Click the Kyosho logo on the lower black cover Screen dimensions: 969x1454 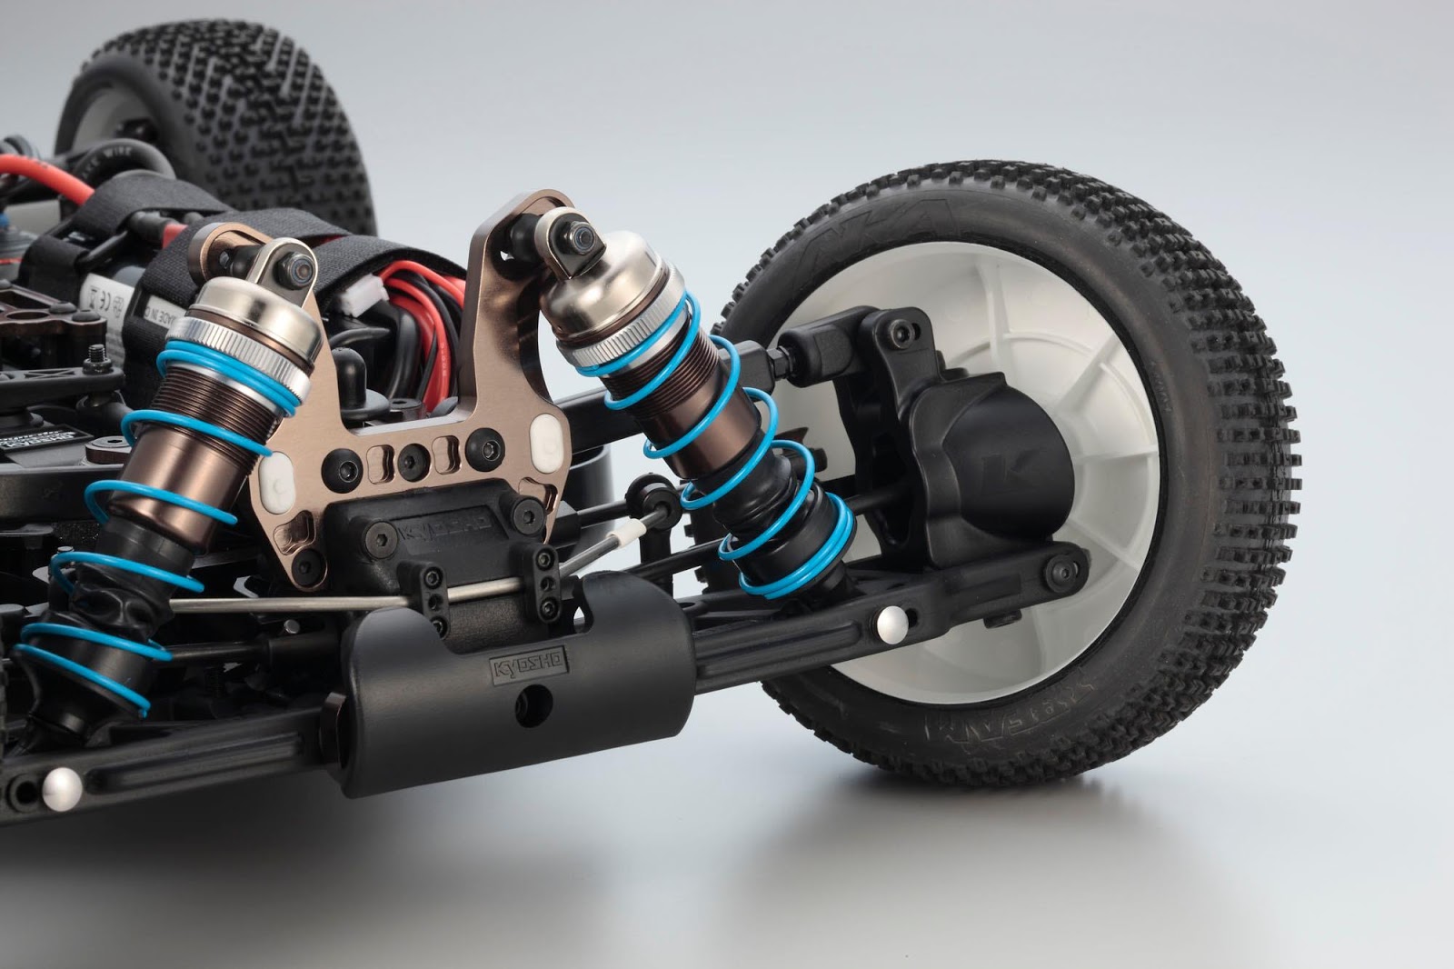coord(530,665)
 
